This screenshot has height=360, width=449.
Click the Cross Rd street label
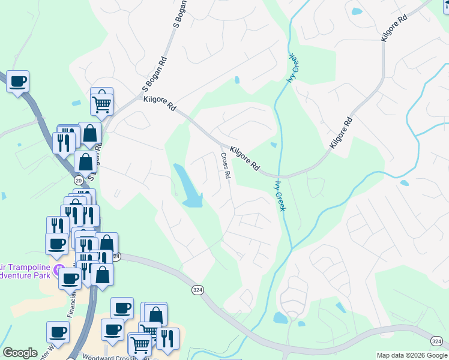pos(225,166)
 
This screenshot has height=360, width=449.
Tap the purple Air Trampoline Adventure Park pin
pos(58,270)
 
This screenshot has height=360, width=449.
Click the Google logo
pos(20,353)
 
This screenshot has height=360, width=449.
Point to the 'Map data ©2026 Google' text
pos(412,355)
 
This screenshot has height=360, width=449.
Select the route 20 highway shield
pos(79,179)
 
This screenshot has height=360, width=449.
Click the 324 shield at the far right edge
pos(436,341)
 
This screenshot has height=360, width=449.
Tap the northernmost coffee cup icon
pos(18,81)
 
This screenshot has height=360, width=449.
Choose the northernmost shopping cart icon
pos(102,104)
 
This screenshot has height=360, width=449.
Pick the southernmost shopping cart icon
pos(140,344)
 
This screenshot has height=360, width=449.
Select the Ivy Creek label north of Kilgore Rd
pos(292,68)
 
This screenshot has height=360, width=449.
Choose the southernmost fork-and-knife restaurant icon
pos(167,339)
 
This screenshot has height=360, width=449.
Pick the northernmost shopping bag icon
pos(89,134)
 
